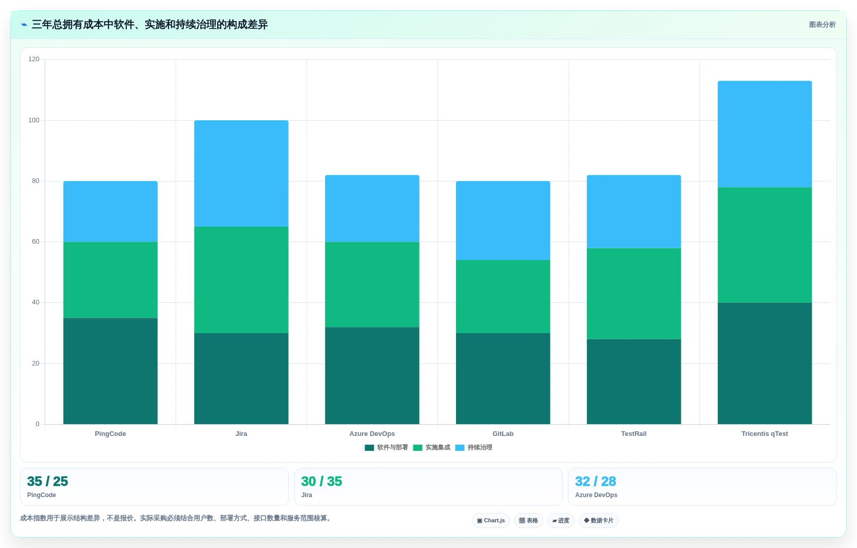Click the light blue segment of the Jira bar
pyautogui.click(x=241, y=173)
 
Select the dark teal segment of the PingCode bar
pyautogui.click(x=110, y=371)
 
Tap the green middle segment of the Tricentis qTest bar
pyautogui.click(x=765, y=245)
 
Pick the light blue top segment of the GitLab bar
pyautogui.click(x=503, y=221)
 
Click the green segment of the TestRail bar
pyautogui.click(x=634, y=294)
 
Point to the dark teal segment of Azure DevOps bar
pyautogui.click(x=372, y=376)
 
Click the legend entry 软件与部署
pyautogui.click(x=387, y=447)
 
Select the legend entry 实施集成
pyautogui.click(x=431, y=447)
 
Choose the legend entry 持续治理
pyautogui.click(x=473, y=447)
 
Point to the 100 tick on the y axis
pyautogui.click(x=34, y=120)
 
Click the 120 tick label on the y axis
pyautogui.click(x=34, y=59)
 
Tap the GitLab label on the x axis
pyautogui.click(x=503, y=433)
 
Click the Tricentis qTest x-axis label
pyautogui.click(x=765, y=433)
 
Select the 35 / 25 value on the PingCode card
pyautogui.click(x=47, y=481)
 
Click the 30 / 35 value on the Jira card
pyautogui.click(x=321, y=481)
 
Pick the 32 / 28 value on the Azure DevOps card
pyautogui.click(x=595, y=481)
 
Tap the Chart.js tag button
pyautogui.click(x=491, y=520)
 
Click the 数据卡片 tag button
pyautogui.click(x=598, y=520)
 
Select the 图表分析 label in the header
pyautogui.click(x=822, y=25)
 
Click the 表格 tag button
pyautogui.click(x=528, y=520)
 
